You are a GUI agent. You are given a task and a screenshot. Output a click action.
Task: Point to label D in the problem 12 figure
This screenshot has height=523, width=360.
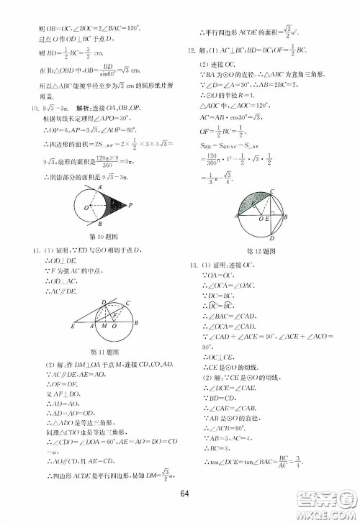pyautogui.click(x=272, y=240)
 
